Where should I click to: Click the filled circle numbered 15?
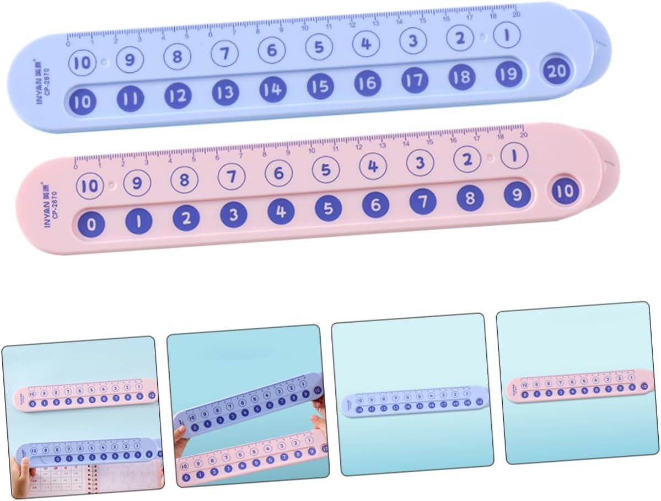[320, 87]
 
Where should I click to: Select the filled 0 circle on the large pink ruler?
[92, 224]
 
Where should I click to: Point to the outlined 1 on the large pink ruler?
[514, 156]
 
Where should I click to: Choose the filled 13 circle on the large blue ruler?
[225, 93]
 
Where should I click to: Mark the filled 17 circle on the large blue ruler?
[415, 81]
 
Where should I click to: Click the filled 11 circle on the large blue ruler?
[131, 99]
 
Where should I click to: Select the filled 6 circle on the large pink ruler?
[375, 205]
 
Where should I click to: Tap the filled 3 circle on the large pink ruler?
[234, 215]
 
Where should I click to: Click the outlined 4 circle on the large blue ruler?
[366, 44]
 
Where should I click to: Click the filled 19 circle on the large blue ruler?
[508, 74]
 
